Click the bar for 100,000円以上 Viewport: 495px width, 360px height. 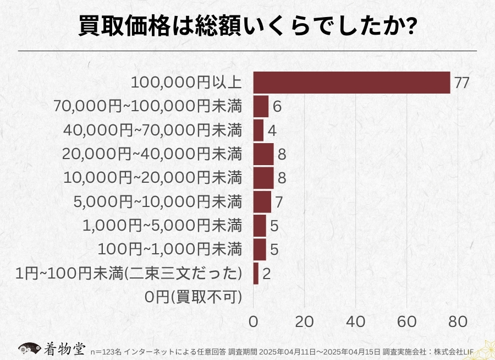tap(351, 83)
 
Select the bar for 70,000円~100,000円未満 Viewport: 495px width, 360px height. tap(261, 106)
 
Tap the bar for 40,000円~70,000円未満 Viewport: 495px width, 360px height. tap(258, 130)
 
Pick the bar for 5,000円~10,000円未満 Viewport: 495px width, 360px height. tap(262, 201)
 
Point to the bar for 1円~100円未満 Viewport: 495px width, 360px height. tap(256, 274)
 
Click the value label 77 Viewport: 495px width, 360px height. tap(461, 83)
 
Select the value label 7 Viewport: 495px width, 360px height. tap(279, 202)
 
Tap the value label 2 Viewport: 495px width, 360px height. tap(266, 274)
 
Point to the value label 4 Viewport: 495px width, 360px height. tap(272, 131)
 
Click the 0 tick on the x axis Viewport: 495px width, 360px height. tap(254, 321)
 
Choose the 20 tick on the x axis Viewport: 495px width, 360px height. tap(304, 321)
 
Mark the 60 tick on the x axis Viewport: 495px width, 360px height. tap(407, 321)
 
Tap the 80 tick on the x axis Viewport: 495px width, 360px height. tap(458, 321)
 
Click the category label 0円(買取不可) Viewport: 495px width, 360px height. tap(194, 297)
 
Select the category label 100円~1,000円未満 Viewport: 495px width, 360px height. tap(170, 249)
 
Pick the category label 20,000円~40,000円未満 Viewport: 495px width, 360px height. tap(152, 154)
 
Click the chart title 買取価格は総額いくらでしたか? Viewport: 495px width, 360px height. tap(247, 26)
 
